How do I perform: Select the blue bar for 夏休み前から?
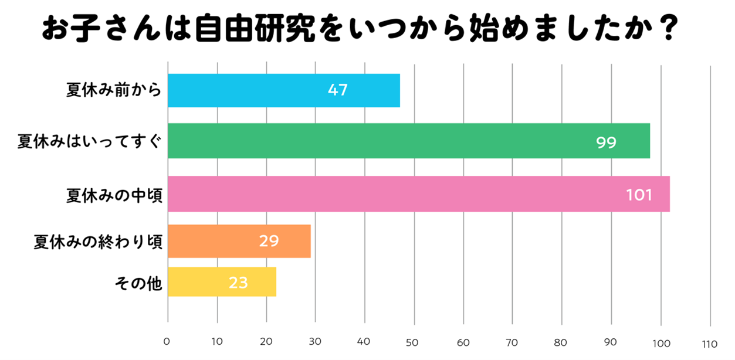click(283, 90)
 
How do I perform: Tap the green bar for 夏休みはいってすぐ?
click(408, 141)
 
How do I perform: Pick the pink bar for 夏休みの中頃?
click(418, 194)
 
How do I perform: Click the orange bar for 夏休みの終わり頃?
click(239, 241)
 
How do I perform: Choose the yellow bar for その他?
click(222, 283)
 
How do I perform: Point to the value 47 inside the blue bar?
click(338, 90)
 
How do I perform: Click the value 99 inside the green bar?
click(607, 142)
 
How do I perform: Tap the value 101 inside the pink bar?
click(639, 195)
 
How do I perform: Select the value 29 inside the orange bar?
click(269, 241)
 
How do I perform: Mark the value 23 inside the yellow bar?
click(239, 283)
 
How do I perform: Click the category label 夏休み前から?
click(114, 90)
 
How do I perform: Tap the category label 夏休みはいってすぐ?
click(89, 141)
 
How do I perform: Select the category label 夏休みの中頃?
click(114, 195)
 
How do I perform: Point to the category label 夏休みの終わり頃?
click(97, 241)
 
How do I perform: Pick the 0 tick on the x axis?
click(167, 342)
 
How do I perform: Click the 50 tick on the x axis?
click(414, 342)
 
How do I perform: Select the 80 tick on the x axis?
click(562, 342)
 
